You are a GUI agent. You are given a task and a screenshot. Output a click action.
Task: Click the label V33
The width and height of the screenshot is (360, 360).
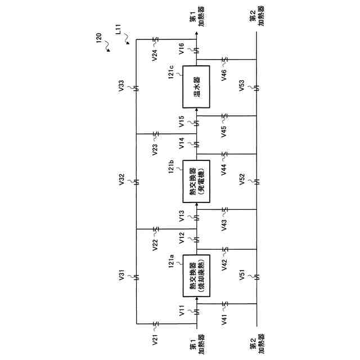click(123, 87)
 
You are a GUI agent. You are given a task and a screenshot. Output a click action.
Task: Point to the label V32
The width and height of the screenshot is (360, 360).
click(123, 182)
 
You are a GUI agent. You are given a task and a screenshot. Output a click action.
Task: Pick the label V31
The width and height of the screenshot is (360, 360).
click(123, 276)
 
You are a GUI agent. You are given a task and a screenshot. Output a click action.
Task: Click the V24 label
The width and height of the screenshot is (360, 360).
click(155, 55)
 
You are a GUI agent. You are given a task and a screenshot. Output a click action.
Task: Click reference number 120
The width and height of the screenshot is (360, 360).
click(99, 38)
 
